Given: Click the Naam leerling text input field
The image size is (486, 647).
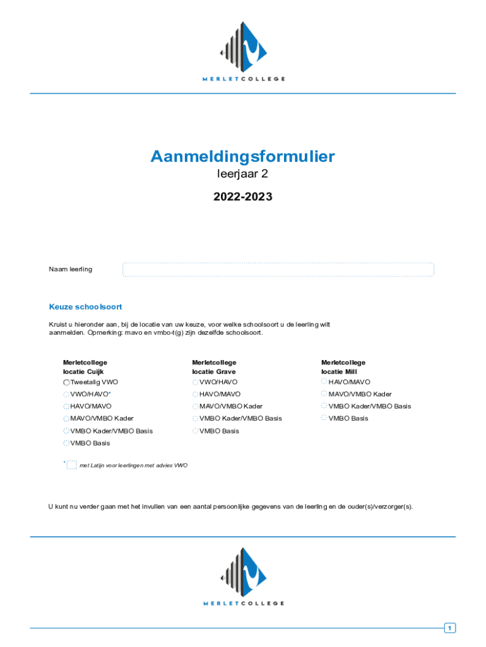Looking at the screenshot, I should pyautogui.click(x=278, y=270).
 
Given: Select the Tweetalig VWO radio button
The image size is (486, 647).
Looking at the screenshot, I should pyautogui.click(x=66, y=383).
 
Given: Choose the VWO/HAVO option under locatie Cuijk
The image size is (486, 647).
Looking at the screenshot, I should pyautogui.click(x=66, y=394).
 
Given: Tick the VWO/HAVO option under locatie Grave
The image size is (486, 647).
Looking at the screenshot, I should pyautogui.click(x=196, y=383).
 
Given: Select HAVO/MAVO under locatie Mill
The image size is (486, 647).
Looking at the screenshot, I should pyautogui.click(x=324, y=382).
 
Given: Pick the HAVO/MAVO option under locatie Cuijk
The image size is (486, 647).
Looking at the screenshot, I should pyautogui.click(x=66, y=406).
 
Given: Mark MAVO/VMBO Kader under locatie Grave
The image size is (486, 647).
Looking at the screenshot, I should pyautogui.click(x=196, y=406).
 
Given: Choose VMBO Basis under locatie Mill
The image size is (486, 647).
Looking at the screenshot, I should pyautogui.click(x=324, y=418).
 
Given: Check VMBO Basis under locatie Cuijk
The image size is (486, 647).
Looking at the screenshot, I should pyautogui.click(x=66, y=443).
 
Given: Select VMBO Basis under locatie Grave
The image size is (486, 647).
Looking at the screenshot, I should pyautogui.click(x=196, y=431).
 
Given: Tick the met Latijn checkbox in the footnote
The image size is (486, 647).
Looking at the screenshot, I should pyautogui.click(x=71, y=465).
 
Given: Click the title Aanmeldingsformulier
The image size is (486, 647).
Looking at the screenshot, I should pyautogui.click(x=242, y=157).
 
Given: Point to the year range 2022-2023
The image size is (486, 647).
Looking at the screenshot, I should pyautogui.click(x=242, y=197).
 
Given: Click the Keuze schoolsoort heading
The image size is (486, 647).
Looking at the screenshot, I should pyautogui.click(x=85, y=307).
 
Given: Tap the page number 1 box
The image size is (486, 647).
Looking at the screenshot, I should pyautogui.click(x=449, y=628).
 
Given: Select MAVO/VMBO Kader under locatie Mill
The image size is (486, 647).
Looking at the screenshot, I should pyautogui.click(x=324, y=394).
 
